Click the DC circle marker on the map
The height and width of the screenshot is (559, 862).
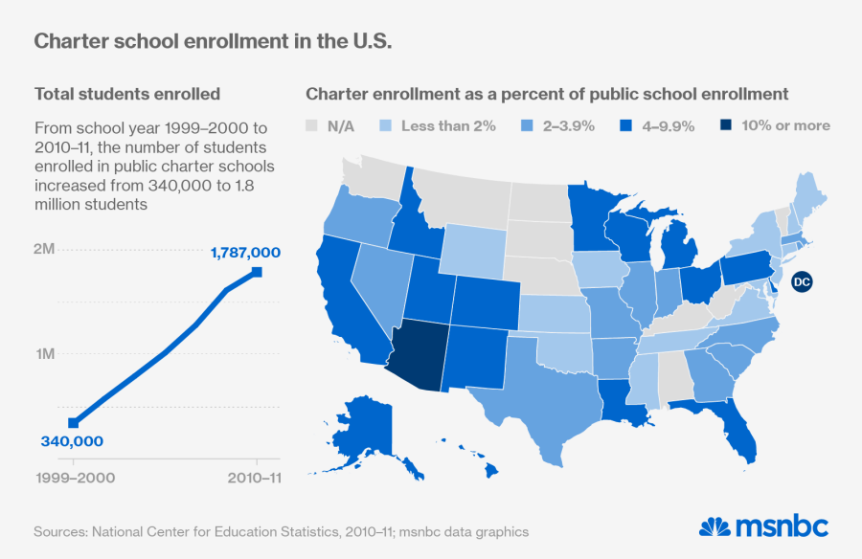[803, 281]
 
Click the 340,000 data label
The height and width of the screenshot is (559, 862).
[72, 441]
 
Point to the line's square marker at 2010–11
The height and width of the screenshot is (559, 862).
[257, 273]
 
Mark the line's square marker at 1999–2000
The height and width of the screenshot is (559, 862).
[73, 422]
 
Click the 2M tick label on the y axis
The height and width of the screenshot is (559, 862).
[44, 249]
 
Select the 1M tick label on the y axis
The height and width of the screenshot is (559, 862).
[44, 353]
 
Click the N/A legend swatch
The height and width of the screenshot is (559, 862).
[311, 125]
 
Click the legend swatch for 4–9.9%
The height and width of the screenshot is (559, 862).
[626, 125]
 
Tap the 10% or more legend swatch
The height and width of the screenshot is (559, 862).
[726, 125]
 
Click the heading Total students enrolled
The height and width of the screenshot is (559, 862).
[127, 94]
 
